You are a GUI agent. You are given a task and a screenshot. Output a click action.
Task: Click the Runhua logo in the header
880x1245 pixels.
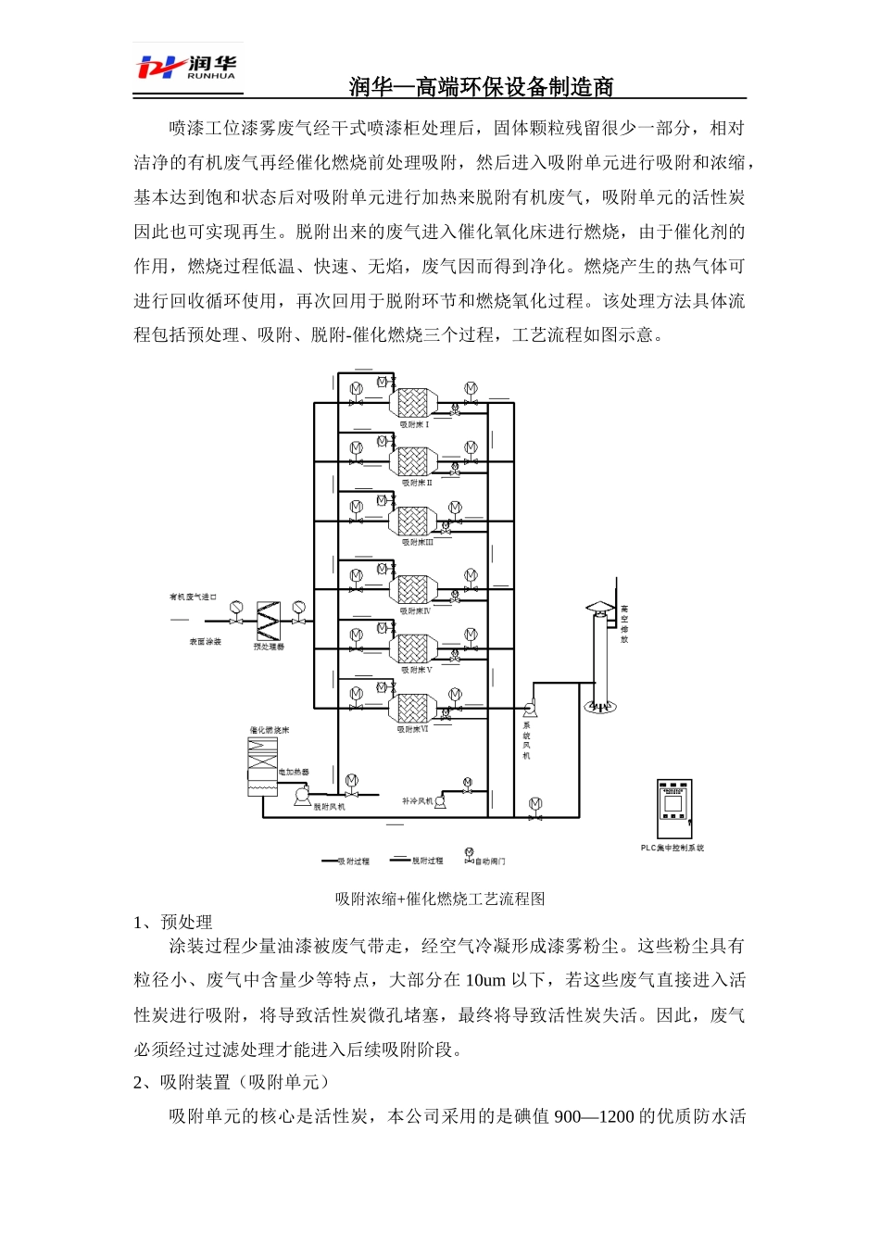[x=186, y=68]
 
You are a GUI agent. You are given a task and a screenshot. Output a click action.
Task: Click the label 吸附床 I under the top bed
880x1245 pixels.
[x=414, y=424]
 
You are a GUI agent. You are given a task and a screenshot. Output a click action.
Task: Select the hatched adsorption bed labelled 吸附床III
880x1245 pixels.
[x=412, y=521]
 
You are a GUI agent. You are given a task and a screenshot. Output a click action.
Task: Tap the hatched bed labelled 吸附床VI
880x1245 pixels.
[x=412, y=709]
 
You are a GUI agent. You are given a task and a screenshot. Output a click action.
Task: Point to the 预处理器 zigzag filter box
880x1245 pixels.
[x=269, y=620]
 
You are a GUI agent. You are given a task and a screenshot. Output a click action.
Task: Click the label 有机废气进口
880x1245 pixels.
[x=193, y=597]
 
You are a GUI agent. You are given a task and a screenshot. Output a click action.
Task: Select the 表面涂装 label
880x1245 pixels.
[x=206, y=641]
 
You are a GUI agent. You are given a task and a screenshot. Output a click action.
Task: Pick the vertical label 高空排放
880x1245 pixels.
[x=624, y=624]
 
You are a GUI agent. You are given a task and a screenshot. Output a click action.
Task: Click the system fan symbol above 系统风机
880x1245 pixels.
[x=531, y=709]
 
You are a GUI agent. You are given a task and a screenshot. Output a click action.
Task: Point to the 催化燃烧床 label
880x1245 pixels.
[x=269, y=730]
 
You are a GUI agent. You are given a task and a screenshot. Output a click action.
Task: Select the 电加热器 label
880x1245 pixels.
[x=294, y=772]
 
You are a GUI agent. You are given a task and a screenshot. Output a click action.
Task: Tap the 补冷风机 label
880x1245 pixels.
[x=417, y=800]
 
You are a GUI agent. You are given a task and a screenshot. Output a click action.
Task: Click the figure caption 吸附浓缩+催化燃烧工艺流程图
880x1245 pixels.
[x=440, y=899]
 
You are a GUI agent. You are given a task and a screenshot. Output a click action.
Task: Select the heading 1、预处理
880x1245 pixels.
[x=173, y=922]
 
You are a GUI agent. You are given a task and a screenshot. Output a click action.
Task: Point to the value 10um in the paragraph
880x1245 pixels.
[x=485, y=980]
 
